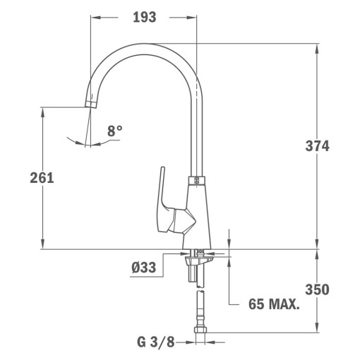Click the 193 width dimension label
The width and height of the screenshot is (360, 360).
(143, 16)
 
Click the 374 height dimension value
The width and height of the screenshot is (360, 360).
(317, 146)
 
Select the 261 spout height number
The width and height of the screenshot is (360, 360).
(42, 178)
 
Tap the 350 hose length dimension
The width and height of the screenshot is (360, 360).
(317, 289)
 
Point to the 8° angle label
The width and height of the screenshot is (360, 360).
(115, 131)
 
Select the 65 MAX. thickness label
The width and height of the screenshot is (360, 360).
(274, 305)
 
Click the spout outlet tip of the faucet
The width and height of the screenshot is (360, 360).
(89, 103)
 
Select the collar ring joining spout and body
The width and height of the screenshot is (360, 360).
(196, 179)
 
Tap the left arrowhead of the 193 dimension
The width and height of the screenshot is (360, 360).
(94, 16)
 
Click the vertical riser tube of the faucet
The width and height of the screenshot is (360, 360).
(196, 134)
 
